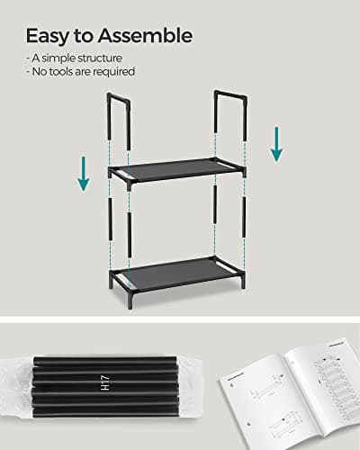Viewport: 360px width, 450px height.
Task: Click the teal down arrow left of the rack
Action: [84, 172]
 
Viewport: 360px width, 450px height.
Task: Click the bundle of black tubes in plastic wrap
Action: [99, 391]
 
